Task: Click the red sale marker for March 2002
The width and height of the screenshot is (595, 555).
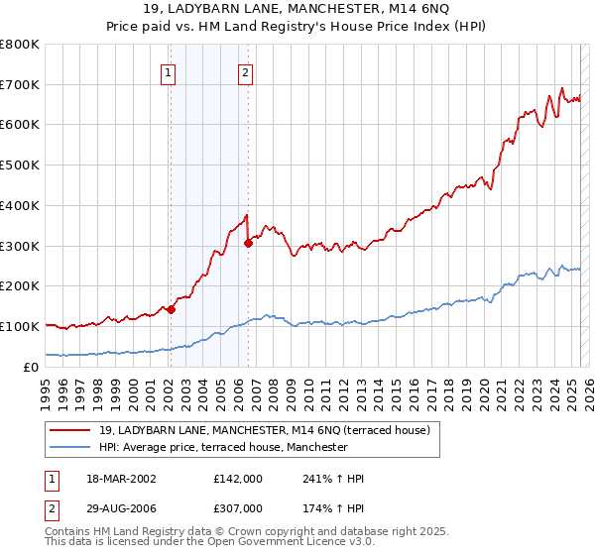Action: pyautogui.click(x=171, y=308)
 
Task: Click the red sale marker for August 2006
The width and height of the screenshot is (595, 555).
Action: pyautogui.click(x=248, y=243)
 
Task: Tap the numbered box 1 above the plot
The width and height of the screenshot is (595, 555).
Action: pyautogui.click(x=169, y=71)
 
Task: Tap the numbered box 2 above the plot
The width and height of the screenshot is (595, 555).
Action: pyautogui.click(x=245, y=71)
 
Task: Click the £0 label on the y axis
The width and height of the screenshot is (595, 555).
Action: pyautogui.click(x=32, y=367)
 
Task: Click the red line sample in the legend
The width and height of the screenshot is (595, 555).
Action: pyautogui.click(x=70, y=430)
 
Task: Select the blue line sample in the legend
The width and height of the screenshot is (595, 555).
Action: pyautogui.click(x=70, y=447)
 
